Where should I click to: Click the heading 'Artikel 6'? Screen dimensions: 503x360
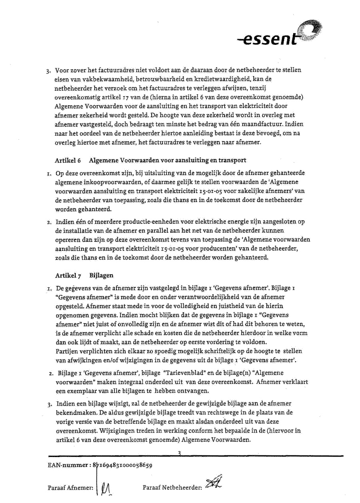[68, 160]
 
